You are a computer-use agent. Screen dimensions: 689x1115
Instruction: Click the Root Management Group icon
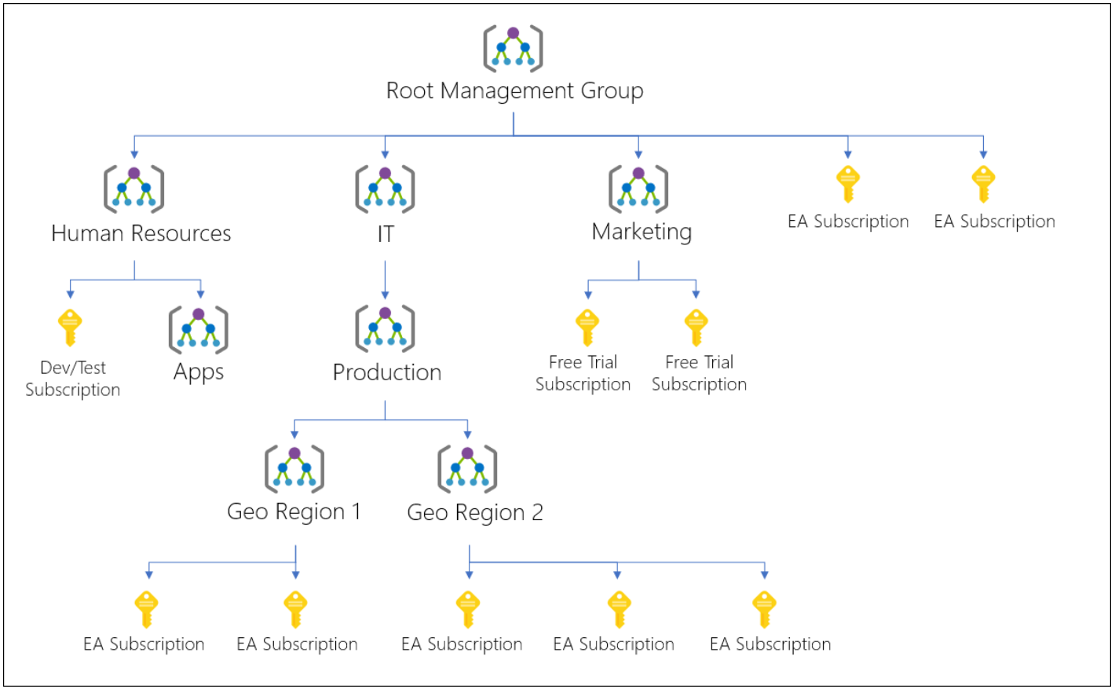point(513,48)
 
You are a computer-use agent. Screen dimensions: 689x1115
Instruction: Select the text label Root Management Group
point(514,91)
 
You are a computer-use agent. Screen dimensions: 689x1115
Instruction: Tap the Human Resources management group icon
point(134,189)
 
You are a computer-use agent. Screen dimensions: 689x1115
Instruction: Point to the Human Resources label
point(141,233)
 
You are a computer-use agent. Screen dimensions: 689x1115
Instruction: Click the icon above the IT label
point(385,189)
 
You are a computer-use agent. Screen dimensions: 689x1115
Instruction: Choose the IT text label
point(386,234)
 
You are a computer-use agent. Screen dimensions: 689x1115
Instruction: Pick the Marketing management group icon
point(638,189)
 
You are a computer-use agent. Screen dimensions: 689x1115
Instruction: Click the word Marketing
point(642,232)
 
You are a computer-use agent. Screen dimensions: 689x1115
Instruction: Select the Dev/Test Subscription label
point(73,379)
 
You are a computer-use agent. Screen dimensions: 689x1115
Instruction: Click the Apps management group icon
point(199,330)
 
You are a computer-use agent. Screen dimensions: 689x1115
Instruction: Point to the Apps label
point(199,372)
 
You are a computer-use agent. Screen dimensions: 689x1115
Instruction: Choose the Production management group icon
point(385,328)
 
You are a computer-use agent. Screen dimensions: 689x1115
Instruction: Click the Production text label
point(387,372)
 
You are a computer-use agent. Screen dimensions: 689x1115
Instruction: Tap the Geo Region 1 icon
point(294,469)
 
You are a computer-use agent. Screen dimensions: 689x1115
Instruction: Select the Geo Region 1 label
point(294,512)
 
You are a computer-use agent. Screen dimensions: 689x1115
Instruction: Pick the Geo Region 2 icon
point(467,469)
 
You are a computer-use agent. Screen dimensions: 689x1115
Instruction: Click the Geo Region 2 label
point(475,513)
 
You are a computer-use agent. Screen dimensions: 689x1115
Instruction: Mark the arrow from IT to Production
point(385,280)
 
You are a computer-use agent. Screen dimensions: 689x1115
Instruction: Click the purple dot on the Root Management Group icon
point(513,33)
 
